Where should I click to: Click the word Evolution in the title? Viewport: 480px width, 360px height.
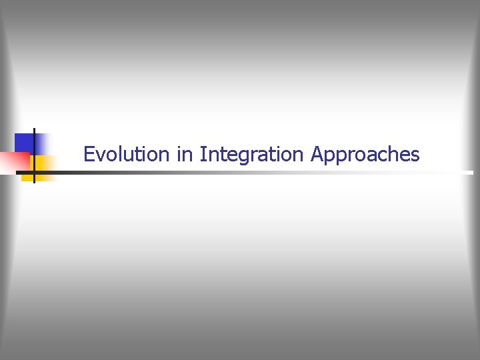click(127, 155)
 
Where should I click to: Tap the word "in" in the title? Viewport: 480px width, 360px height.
click(184, 155)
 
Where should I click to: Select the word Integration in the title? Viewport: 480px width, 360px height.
click(252, 155)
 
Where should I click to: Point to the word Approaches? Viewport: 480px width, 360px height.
click(365, 155)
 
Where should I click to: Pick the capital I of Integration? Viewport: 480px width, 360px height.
click(202, 155)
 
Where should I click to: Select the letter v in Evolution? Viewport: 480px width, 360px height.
click(100, 156)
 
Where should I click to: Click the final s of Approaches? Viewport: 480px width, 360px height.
click(415, 156)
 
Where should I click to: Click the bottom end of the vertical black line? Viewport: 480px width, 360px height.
click(33, 182)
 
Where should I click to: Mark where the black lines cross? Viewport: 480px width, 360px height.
click(33, 172)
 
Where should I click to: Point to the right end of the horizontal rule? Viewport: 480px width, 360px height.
click(472, 172)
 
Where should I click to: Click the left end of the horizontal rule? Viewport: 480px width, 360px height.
click(17, 172)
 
